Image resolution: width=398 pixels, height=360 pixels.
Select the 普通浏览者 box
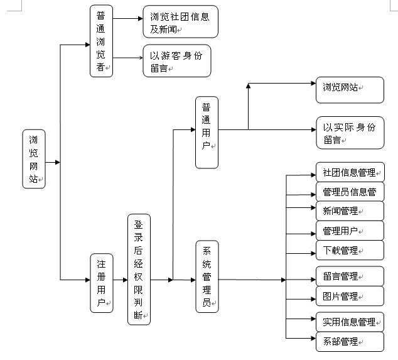point(101,41)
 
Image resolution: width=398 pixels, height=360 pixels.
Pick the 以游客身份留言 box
point(176,60)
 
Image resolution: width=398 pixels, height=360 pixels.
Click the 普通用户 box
point(207,133)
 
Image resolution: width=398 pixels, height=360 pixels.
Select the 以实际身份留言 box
point(349,133)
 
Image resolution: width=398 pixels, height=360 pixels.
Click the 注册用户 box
point(101,283)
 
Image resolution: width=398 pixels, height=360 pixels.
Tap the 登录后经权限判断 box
point(139,270)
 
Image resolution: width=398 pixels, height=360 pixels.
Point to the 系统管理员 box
point(207,276)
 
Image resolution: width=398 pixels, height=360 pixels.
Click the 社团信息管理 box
point(349,172)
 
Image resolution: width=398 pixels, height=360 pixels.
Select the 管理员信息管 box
point(349,192)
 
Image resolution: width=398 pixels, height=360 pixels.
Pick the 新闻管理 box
point(349,211)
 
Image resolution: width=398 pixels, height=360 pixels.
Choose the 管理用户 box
point(349,231)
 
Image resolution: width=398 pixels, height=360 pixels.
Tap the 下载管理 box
point(349,250)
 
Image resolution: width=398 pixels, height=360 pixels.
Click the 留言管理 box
point(349,276)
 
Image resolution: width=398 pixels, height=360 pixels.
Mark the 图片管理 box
point(349,296)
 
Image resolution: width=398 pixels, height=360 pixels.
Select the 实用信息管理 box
point(349,322)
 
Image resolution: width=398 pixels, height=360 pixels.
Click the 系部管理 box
point(349,341)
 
